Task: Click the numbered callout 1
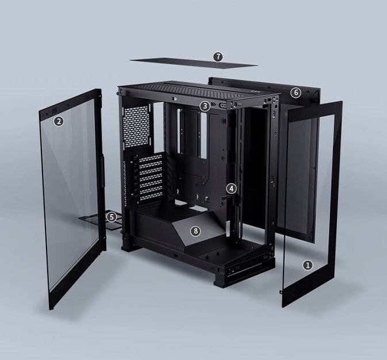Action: tap(308, 266)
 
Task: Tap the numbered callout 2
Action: tap(59, 121)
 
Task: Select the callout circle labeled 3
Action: tap(205, 106)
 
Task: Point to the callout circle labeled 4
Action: tap(231, 189)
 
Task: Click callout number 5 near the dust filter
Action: tap(112, 217)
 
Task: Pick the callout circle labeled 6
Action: tap(296, 93)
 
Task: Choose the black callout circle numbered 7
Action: tap(218, 57)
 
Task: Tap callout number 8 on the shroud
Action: tap(196, 231)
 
